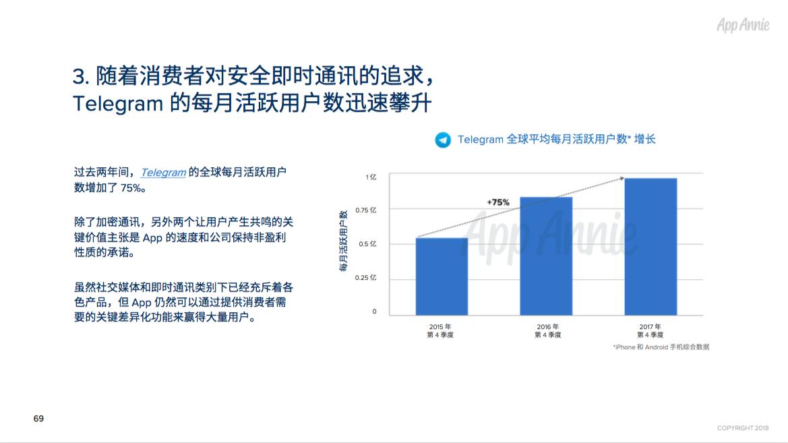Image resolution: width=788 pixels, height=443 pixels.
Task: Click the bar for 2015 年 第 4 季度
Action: pos(442,276)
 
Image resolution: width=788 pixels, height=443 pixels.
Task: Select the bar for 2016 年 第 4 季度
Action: pos(546,256)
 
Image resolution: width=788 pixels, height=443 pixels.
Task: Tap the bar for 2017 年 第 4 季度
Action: pos(650,246)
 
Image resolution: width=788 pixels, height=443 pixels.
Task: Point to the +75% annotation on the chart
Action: pos(498,202)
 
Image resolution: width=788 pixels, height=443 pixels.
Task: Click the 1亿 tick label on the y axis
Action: pos(371,177)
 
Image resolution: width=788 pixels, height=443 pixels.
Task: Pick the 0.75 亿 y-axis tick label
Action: pos(366,210)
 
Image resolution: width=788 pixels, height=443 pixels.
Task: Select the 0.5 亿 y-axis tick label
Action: pos(367,244)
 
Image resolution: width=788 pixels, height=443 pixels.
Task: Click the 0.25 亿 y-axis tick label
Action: pos(366,278)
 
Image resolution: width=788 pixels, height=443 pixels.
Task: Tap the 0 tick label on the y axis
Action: pos(374,312)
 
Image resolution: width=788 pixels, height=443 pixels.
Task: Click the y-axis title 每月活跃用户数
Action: pos(344,241)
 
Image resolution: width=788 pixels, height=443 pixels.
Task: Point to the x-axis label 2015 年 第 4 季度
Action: pos(440,331)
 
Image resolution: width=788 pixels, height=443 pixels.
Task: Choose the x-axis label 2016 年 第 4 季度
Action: pos(548,331)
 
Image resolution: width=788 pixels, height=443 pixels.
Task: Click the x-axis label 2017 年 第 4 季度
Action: pos(650,331)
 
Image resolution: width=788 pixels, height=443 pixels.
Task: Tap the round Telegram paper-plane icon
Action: pos(443,140)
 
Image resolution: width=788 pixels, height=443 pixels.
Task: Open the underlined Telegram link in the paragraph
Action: pos(163,173)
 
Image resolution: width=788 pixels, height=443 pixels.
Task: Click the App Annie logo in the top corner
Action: pos(743,25)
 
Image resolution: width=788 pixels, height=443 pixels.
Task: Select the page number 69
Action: pos(38,418)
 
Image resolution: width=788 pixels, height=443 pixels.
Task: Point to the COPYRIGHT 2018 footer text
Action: pos(743,428)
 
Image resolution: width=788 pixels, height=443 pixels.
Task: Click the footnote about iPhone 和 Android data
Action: pos(661,347)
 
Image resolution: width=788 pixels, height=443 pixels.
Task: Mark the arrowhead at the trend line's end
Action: pos(622,178)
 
